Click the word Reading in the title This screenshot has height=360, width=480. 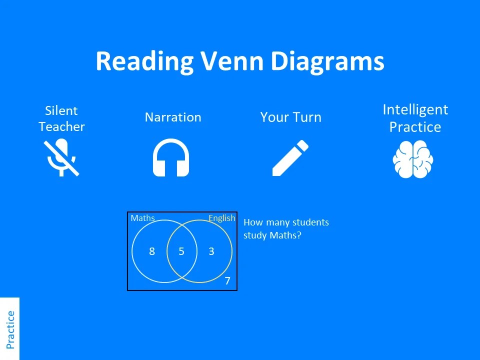click(144, 61)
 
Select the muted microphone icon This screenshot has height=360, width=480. click(61, 157)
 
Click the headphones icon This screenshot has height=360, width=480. click(171, 157)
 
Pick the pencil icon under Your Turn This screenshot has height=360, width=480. click(290, 157)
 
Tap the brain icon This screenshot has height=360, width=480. click(413, 159)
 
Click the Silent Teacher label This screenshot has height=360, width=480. click(61, 118)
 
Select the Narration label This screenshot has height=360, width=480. click(173, 117)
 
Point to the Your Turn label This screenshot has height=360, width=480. click(290, 117)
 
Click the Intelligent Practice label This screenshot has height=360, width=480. click(415, 118)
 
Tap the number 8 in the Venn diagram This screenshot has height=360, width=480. click(152, 251)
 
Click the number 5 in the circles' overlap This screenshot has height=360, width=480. click(181, 251)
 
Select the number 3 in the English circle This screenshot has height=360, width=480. click(211, 251)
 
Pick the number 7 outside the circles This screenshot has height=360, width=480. click(227, 281)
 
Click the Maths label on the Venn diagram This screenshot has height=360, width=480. click(142, 218)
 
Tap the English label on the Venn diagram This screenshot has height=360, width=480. click(221, 218)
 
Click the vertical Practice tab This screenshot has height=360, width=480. click(10, 329)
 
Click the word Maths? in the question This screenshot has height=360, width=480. click(285, 235)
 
